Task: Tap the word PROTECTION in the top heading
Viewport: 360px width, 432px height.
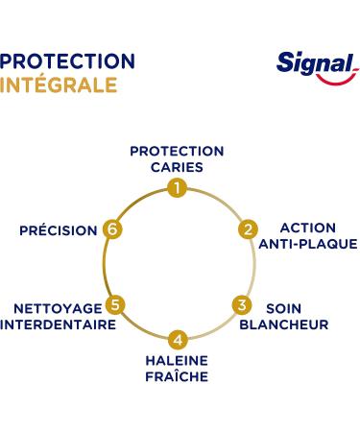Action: tap(67, 61)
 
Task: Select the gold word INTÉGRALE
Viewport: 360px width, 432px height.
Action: tap(59, 84)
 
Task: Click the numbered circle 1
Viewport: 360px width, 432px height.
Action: tap(177, 188)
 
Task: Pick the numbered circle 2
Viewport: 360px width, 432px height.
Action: tap(248, 229)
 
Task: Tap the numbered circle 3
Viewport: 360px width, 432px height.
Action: tap(242, 305)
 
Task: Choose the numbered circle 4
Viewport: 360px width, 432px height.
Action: tap(177, 339)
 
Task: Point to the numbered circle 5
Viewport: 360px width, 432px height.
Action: tap(115, 306)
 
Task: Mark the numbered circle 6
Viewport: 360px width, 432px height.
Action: tap(112, 229)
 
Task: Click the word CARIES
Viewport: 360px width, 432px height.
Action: tap(177, 166)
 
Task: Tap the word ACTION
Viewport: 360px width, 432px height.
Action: tap(307, 228)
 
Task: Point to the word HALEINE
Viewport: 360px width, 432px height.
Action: tap(177, 360)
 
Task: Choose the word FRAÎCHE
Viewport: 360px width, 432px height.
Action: tap(177, 376)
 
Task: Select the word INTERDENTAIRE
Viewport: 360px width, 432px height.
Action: tap(58, 324)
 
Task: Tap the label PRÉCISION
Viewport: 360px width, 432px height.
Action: tap(58, 230)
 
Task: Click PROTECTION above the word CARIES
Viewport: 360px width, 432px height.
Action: tap(177, 151)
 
